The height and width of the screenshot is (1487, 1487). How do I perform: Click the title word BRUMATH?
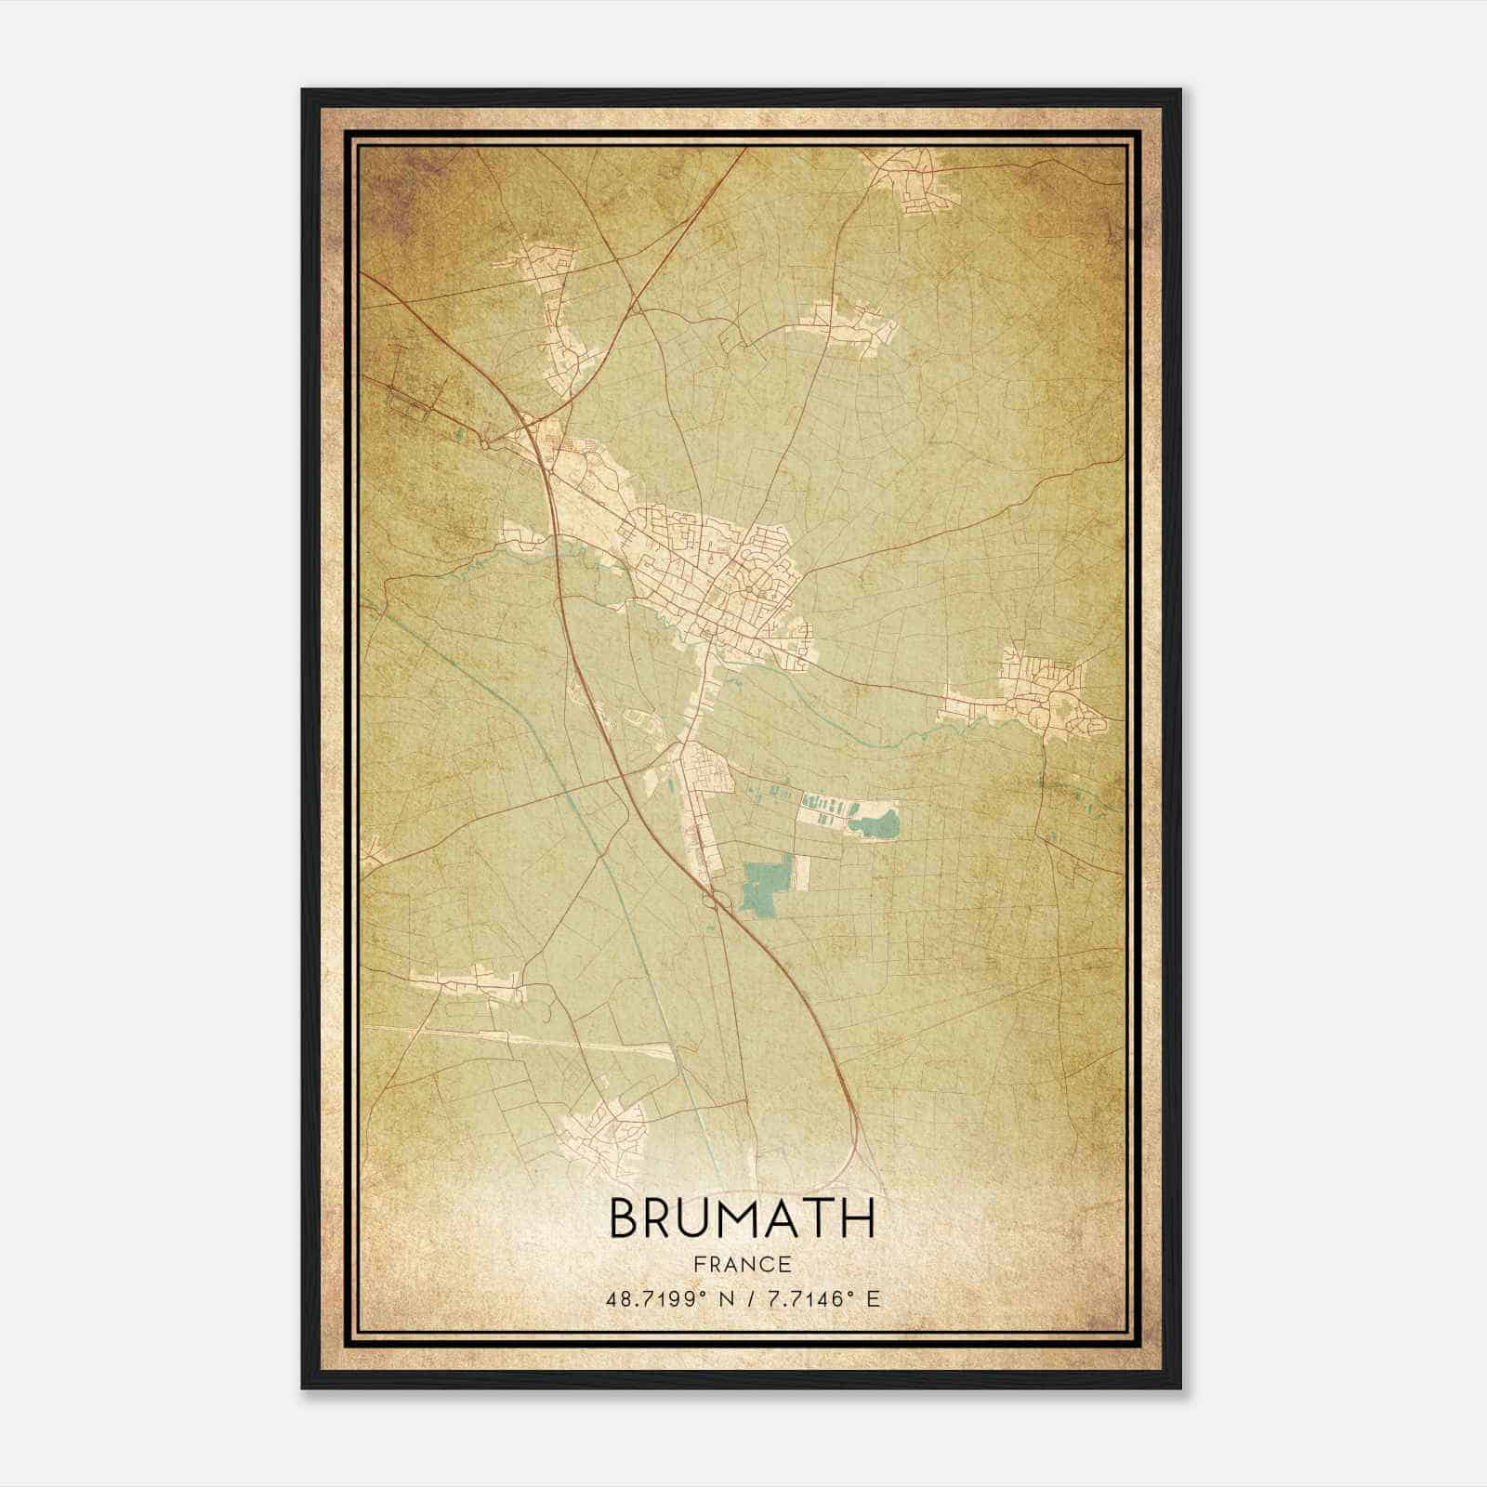742,1219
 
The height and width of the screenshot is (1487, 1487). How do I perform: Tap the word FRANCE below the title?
742,1264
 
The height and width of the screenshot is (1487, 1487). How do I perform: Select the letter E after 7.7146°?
872,1299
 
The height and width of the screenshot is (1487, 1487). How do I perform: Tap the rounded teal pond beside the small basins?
877,822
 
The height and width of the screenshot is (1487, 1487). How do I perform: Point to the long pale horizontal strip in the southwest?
520,1041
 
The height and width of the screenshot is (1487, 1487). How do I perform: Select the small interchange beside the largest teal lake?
714,897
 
